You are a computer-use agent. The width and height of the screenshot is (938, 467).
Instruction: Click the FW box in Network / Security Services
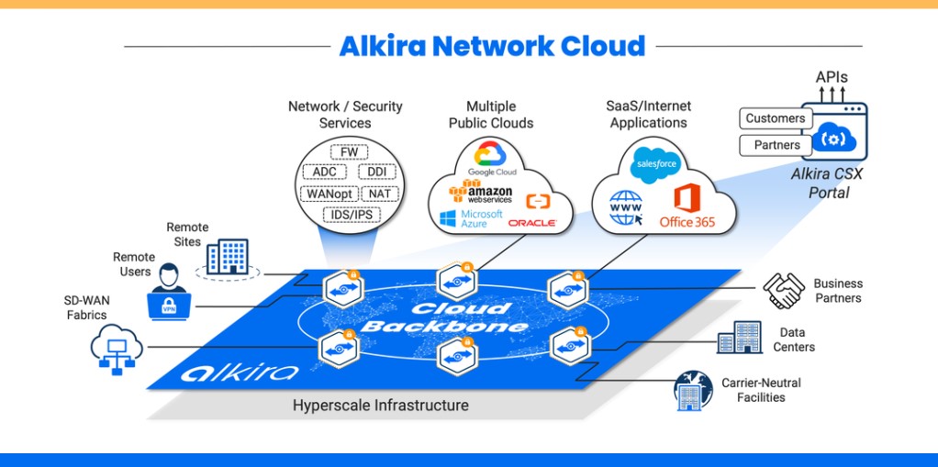pyautogui.click(x=350, y=152)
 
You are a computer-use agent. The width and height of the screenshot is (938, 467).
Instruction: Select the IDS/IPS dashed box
pyautogui.click(x=352, y=214)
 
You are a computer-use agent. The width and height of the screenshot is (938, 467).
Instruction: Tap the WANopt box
pyautogui.click(x=329, y=194)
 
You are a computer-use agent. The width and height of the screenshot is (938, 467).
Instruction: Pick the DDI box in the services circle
pyautogui.click(x=377, y=172)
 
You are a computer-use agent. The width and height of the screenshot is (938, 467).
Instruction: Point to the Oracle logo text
pyautogui.click(x=531, y=223)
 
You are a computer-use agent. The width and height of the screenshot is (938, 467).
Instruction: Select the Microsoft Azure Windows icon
pyautogui.click(x=448, y=219)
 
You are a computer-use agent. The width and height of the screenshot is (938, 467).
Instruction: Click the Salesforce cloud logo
pyautogui.click(x=655, y=164)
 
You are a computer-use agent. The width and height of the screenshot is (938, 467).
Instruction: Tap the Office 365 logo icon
pyautogui.click(x=687, y=198)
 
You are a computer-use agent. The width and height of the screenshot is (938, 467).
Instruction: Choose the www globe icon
pyautogui.click(x=626, y=208)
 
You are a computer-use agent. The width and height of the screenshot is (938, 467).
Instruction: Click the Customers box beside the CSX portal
pyautogui.click(x=776, y=118)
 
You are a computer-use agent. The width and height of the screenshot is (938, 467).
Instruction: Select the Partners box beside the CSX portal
pyautogui.click(x=776, y=145)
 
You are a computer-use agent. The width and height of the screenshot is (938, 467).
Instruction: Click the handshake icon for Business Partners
pyautogui.click(x=784, y=291)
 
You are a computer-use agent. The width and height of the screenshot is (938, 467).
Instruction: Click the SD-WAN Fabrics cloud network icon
pyautogui.click(x=117, y=350)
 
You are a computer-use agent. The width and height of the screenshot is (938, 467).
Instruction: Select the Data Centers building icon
pyautogui.click(x=740, y=338)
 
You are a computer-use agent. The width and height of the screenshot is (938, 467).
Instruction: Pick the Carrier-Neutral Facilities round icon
pyautogui.click(x=693, y=390)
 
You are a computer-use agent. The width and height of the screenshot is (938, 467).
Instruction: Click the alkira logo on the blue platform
pyautogui.click(x=240, y=372)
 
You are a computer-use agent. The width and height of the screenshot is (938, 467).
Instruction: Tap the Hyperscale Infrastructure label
pyautogui.click(x=381, y=406)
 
